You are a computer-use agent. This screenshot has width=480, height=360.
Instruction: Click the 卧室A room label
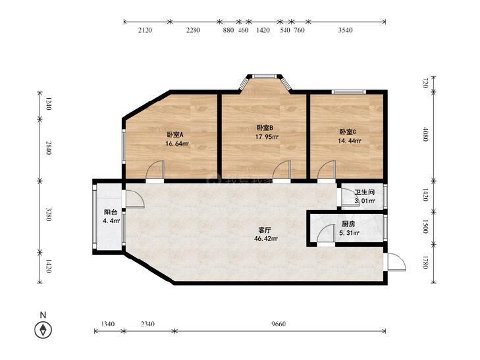pos(174,134)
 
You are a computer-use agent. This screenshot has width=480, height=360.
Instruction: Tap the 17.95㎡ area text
pos(266,138)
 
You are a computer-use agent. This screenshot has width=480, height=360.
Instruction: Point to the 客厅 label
pos(265,230)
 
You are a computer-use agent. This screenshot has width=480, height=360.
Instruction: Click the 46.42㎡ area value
pos(266,239)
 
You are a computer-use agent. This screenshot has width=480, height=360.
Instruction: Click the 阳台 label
pos(111,212)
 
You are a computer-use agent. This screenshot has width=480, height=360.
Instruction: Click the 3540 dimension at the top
pos(345,30)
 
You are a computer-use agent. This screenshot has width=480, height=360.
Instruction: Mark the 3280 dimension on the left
pos(49,215)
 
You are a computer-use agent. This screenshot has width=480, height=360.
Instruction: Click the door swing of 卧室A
pos(155,170)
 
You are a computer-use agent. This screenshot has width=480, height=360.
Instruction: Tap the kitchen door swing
pos(325,234)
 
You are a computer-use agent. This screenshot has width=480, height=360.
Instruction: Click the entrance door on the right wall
pos(396,261)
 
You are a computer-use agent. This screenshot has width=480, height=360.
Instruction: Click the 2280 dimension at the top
pos(194,30)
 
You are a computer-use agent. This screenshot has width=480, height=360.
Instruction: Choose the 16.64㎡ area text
pos(178,143)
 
